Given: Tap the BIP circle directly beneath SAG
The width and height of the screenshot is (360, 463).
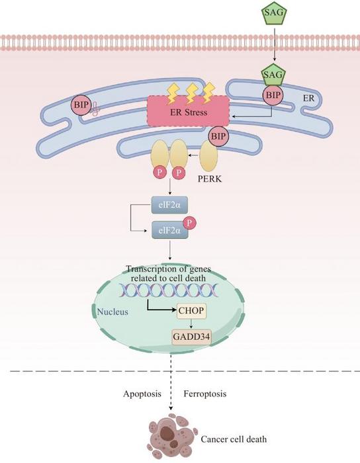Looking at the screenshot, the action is pos(273,95).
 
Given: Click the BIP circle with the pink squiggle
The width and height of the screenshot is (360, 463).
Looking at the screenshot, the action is pos(81,105).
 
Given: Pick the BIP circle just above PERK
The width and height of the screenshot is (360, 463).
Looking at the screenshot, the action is pos(218,136).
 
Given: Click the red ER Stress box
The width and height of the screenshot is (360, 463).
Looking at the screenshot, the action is pos(189,111).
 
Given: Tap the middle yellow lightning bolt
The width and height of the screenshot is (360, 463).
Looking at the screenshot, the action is pos(192,93).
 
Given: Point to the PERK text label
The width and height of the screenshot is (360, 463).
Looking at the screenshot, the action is pos(209,179).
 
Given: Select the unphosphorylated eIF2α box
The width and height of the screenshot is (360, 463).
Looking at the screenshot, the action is pos(169,205).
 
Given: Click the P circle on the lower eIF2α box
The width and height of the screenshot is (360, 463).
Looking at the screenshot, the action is pos(190,223).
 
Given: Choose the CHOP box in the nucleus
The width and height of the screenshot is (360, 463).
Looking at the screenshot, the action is pos(191,311).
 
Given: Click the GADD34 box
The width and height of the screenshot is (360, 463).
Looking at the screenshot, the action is pos(192,337).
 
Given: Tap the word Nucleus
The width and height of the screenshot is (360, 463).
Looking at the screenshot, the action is pos(112,312).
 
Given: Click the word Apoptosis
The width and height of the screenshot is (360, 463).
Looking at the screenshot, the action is pos(142,394).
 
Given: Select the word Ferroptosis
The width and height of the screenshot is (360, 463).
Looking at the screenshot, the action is pos(205,394).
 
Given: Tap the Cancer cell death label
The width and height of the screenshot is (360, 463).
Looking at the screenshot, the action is pos(234,439).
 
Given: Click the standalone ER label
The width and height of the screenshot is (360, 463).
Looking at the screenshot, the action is pos(308,98).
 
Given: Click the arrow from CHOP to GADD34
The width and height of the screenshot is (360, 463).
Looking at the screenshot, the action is pos(191,323).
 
